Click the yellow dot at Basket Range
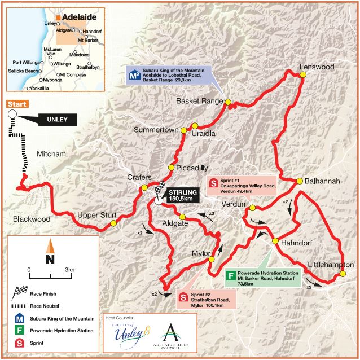(x=228, y=102)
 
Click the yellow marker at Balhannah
(x=299, y=181)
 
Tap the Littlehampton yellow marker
(x=343, y=275)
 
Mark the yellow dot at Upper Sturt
(x=113, y=223)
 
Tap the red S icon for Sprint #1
(x=214, y=183)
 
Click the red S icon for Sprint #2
(x=183, y=297)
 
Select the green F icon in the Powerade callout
(x=230, y=276)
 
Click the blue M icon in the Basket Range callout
(x=134, y=74)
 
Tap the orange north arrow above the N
(x=50, y=246)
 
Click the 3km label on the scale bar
(x=71, y=270)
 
